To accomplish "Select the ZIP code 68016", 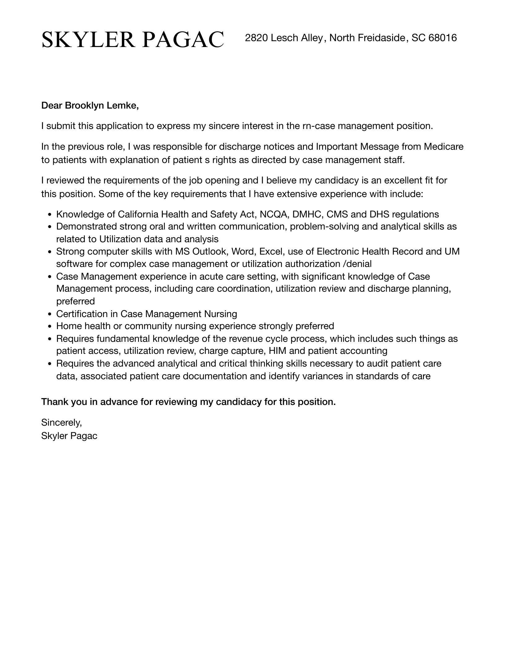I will tap(443, 38).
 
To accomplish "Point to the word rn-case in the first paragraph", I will tap(319, 126).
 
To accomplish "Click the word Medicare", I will tap(443, 146).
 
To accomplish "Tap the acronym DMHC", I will tap(307, 214).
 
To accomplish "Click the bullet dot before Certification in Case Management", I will tap(50, 314).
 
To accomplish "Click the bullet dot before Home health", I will tap(50, 326).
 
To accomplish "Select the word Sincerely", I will tap(61, 422).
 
